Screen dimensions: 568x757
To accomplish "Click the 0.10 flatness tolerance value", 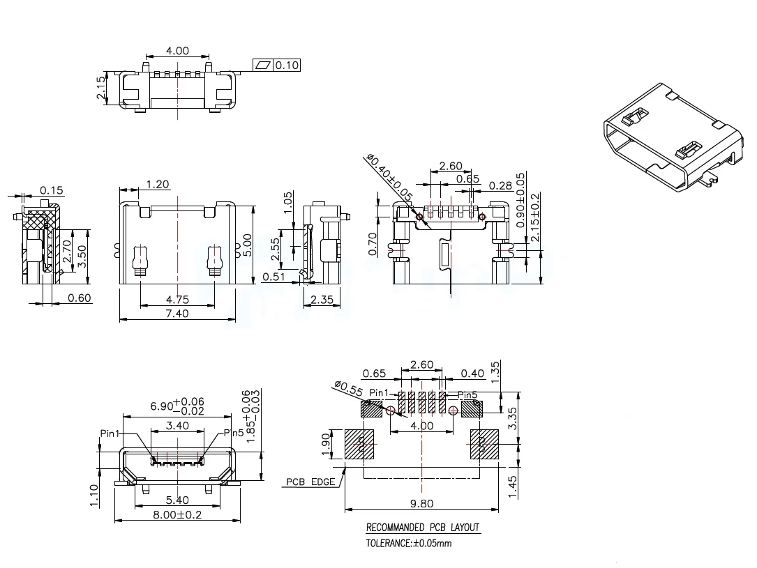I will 287,66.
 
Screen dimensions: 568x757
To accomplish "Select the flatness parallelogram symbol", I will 263,66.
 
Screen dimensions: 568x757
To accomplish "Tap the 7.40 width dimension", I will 177,314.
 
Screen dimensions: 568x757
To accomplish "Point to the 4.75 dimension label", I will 177,300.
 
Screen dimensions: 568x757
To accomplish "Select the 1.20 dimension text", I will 158,185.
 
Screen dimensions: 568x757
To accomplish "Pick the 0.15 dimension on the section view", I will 52,190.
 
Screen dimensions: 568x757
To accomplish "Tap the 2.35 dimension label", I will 322,300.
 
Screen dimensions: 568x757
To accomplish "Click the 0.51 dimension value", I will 273,277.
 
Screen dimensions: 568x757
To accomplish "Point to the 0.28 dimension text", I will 502,185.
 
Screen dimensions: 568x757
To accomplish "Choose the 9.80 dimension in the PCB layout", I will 422,504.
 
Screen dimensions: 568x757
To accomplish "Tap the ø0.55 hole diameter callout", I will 349,385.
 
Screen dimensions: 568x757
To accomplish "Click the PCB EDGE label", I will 310,482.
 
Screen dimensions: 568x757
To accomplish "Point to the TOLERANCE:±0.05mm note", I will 409,543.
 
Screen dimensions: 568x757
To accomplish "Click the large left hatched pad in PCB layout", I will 361,444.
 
